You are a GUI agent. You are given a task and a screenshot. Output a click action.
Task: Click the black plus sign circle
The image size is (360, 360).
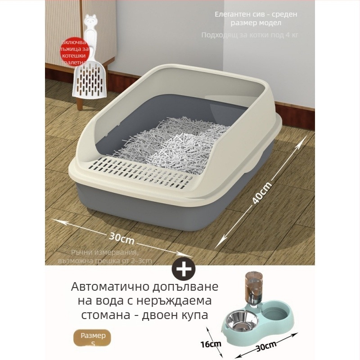point(184,270)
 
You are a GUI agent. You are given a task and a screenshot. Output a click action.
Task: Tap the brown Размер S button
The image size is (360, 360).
point(93,338)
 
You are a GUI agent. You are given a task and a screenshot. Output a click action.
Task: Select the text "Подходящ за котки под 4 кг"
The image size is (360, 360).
point(249,35)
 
